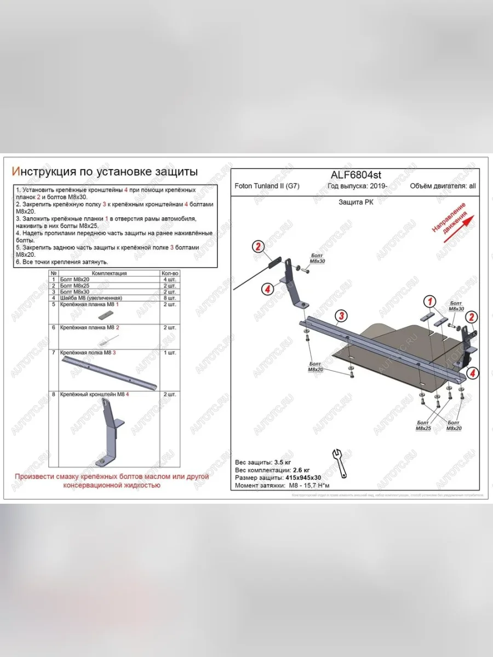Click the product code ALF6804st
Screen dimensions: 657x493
356,175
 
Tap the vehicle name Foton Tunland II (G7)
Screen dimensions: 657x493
267,186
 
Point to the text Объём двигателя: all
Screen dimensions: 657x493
443,186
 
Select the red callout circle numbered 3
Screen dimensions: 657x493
341,315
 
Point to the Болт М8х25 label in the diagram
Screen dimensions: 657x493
423,425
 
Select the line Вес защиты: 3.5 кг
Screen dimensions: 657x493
263,462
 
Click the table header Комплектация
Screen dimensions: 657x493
109,273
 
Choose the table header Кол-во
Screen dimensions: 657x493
170,273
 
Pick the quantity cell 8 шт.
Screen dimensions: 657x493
170,297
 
